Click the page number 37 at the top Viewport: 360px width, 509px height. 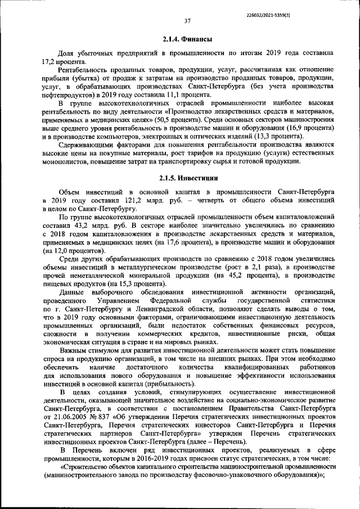click(x=187, y=21)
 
